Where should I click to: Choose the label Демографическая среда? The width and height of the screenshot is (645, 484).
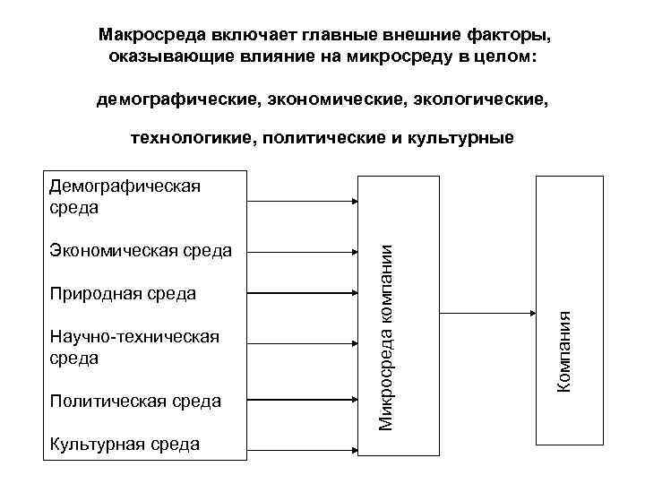(x=125, y=196)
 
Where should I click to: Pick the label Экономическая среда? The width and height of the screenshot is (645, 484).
(x=140, y=250)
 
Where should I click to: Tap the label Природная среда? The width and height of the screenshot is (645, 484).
(x=123, y=293)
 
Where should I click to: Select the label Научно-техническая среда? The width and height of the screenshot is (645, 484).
(x=134, y=347)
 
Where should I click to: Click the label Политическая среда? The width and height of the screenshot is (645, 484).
(x=135, y=401)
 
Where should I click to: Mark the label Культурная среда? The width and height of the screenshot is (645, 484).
(x=125, y=444)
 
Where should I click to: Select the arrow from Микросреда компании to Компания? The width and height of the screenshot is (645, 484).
(x=487, y=314)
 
